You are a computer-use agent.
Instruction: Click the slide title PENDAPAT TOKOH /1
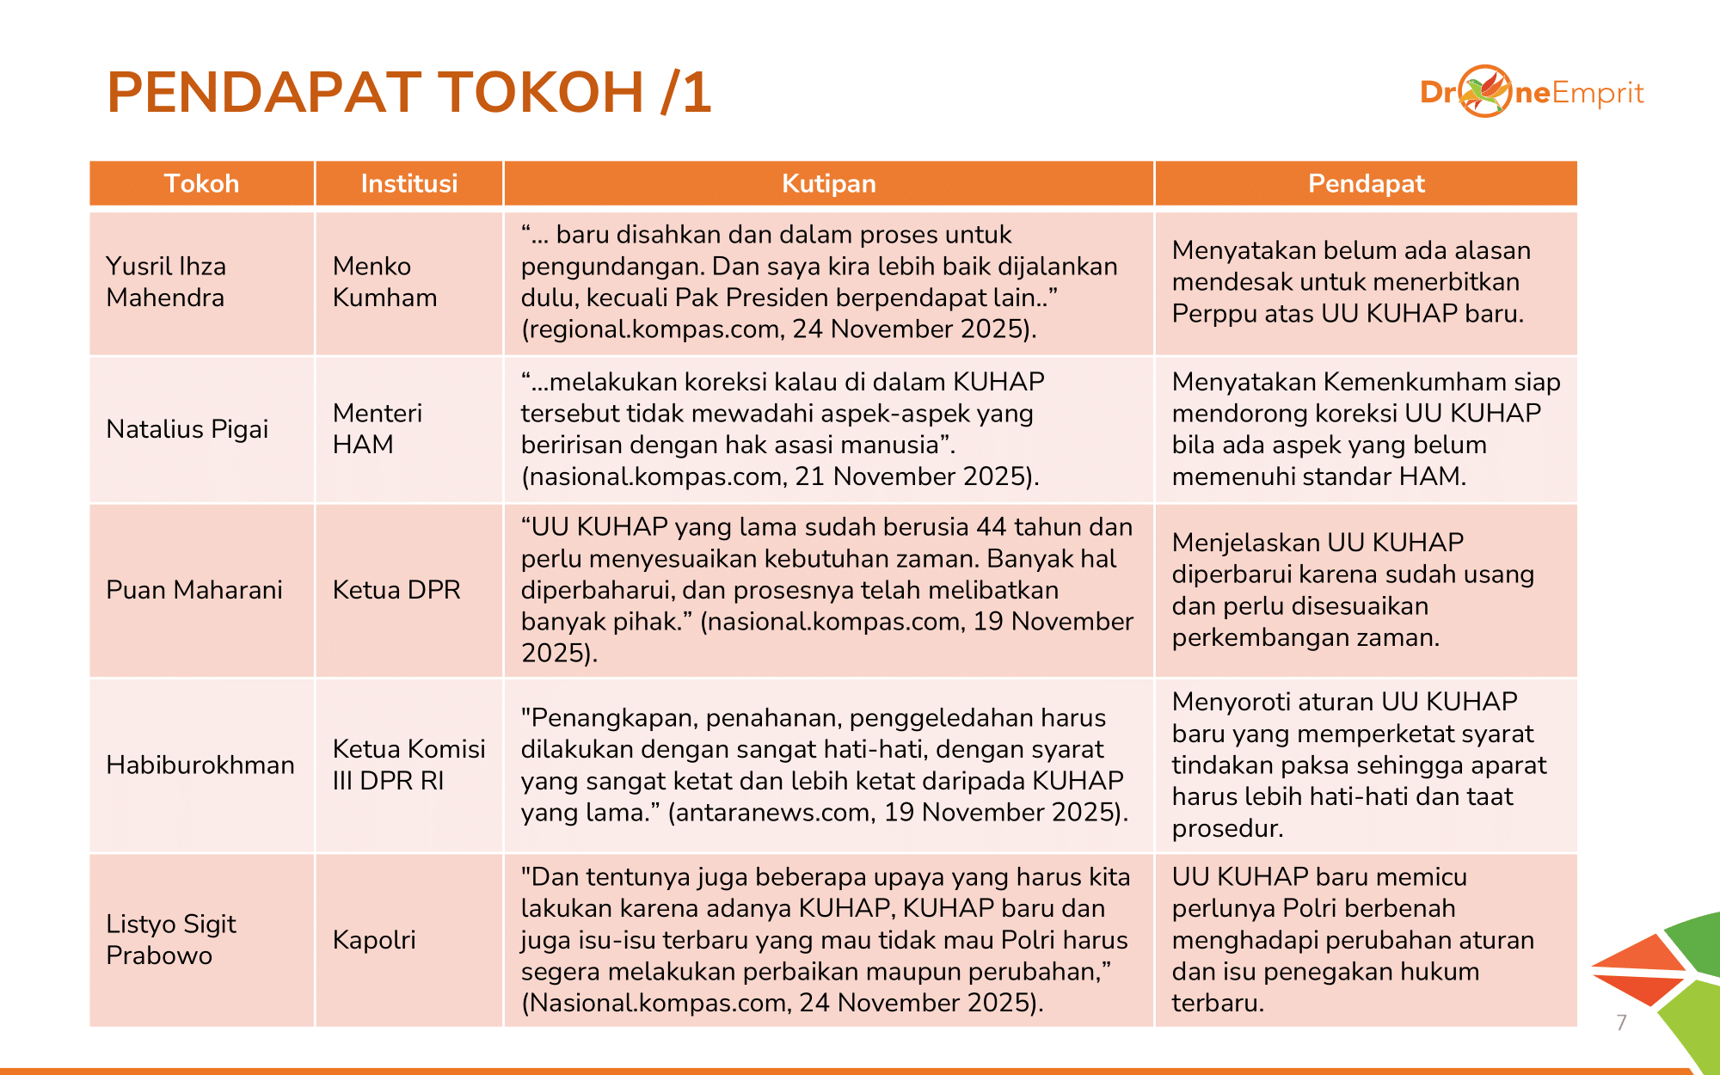408,92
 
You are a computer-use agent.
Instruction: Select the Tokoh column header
201,183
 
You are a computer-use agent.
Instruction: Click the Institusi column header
408,183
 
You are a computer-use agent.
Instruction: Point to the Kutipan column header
828,183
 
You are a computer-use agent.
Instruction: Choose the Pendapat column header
1366,183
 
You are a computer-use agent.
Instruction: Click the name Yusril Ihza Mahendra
166,282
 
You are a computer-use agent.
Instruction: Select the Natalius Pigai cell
187,428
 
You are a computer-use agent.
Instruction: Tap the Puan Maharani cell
193,590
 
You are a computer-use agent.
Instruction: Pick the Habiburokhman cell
200,765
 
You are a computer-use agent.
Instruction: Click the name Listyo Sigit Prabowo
170,939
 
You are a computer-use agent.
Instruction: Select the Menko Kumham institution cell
384,282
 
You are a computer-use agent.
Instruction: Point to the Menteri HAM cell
377,428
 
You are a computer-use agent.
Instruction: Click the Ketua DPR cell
396,590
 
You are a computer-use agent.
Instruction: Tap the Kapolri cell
374,939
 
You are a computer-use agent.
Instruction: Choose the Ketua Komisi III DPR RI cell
408,765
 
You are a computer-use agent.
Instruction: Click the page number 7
1621,1023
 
